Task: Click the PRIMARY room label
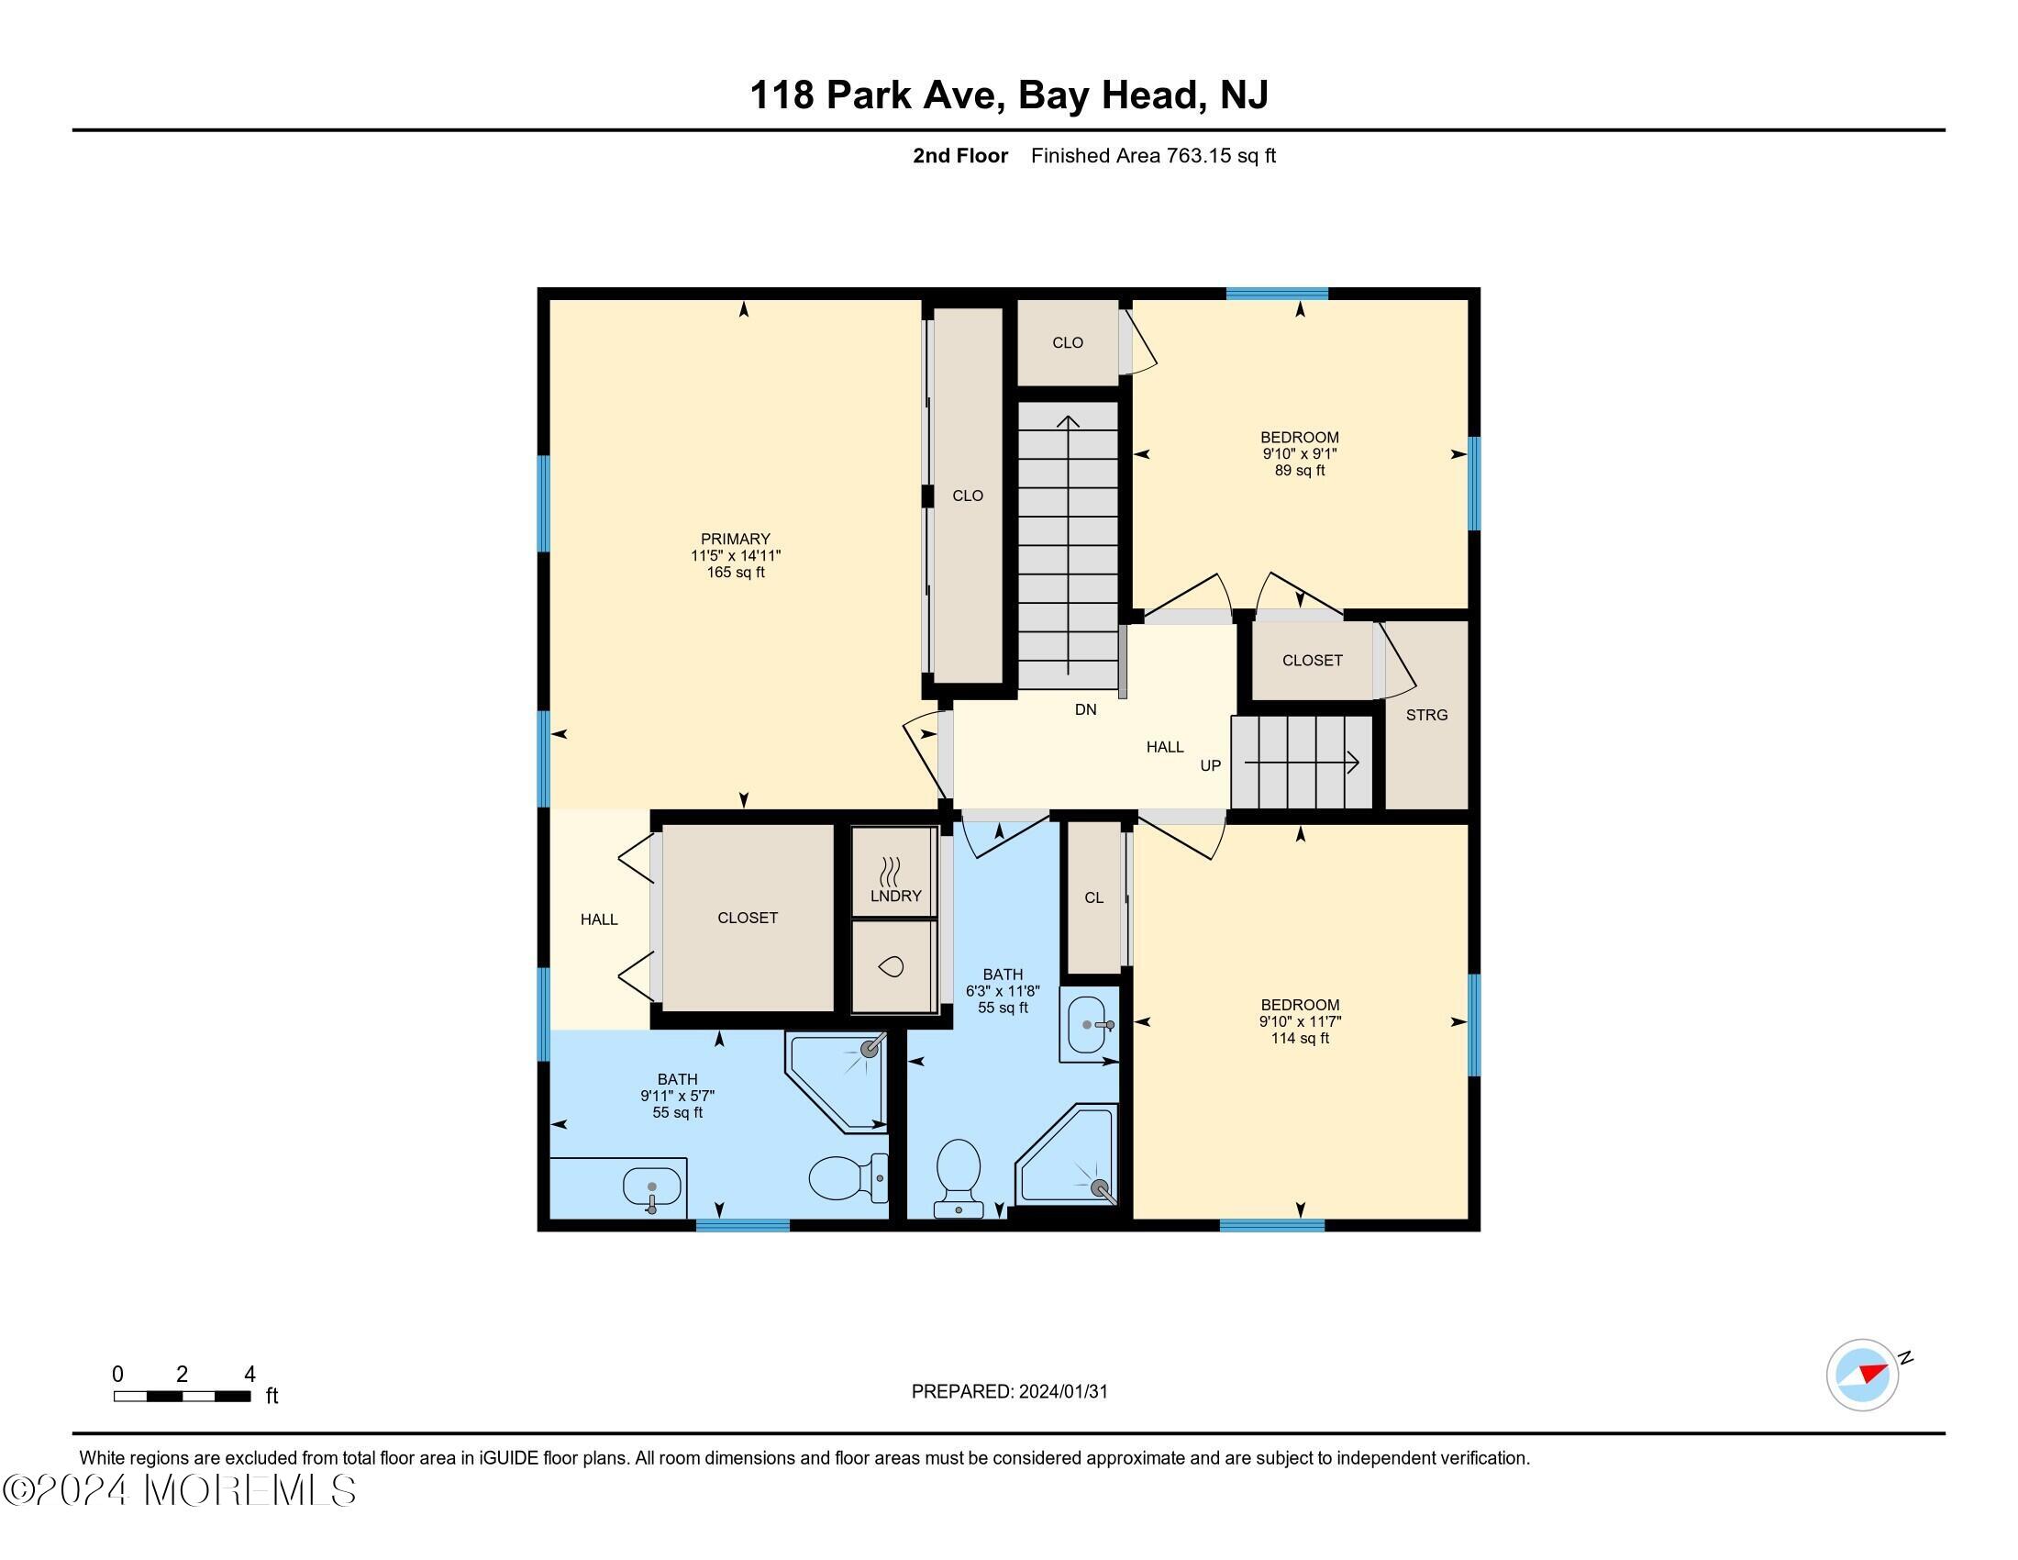click(x=735, y=539)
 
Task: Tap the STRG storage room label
click(x=1425, y=714)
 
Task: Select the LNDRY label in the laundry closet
click(x=895, y=896)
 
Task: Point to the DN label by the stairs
click(x=1085, y=709)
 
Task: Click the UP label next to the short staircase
click(x=1210, y=765)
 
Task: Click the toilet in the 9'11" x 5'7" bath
click(x=846, y=1178)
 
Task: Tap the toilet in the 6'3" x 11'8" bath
click(x=959, y=1176)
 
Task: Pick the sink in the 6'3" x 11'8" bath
click(x=1089, y=1025)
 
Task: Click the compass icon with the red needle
click(x=1861, y=1375)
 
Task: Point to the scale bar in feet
click(x=182, y=1396)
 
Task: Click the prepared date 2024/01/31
click(x=1009, y=1391)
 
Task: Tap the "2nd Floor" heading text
click(x=960, y=156)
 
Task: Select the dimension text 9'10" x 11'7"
click(x=1299, y=1021)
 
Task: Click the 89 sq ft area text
click(x=1299, y=471)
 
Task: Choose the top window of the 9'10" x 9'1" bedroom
click(x=1276, y=294)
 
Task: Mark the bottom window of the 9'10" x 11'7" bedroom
click(x=1271, y=1225)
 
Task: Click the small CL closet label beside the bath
click(x=1093, y=897)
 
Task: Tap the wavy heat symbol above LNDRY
click(x=890, y=872)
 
